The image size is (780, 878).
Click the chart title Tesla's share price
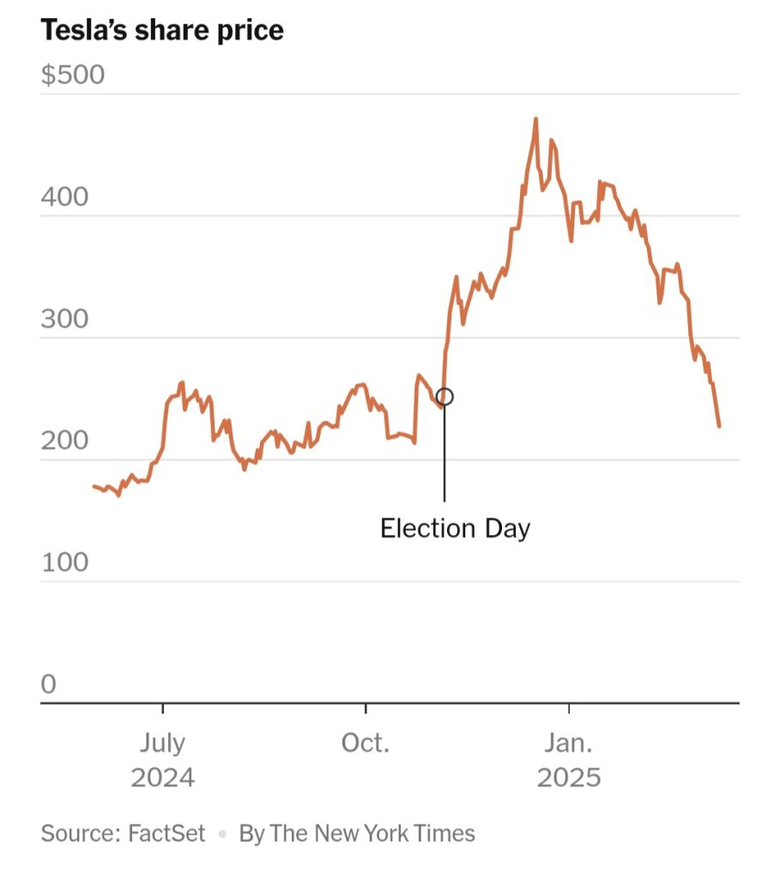162,31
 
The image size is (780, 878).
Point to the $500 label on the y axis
73,75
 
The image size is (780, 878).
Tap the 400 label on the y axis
64,197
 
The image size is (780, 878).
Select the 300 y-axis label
64,320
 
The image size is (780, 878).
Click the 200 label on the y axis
64,442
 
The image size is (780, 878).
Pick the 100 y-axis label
64,563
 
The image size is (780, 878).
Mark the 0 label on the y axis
48,684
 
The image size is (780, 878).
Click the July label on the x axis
162,743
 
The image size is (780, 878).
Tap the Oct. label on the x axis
366,743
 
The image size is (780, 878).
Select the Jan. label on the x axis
569,743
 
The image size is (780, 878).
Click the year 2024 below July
162,778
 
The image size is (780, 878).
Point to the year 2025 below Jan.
569,778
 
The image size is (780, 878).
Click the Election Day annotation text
455,527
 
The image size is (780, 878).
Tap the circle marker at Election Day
444,396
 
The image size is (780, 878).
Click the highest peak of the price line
535,120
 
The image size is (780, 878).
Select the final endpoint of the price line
719,425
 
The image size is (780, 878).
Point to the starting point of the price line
94,486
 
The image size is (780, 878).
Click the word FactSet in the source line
166,833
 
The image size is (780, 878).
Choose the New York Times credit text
357,833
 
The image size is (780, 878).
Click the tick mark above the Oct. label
366,708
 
